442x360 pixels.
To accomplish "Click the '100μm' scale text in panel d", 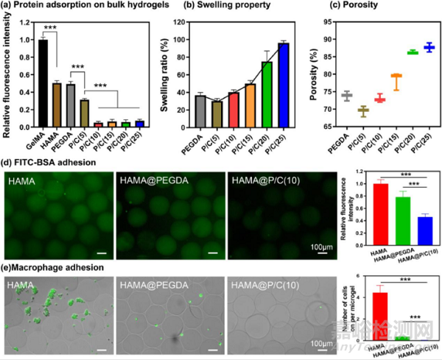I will pyautogui.click(x=322, y=243).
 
